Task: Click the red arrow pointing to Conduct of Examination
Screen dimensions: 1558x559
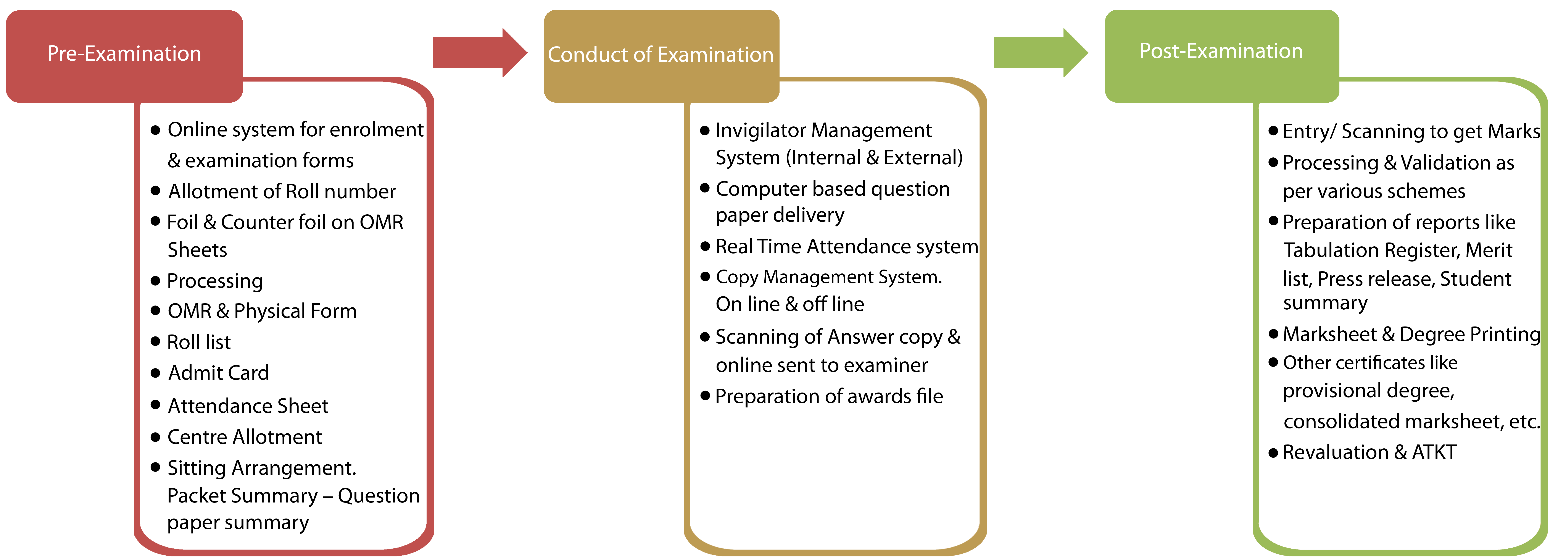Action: click(480, 53)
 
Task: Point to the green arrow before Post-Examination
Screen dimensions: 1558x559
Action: click(1041, 53)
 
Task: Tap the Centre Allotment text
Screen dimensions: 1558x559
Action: click(244, 437)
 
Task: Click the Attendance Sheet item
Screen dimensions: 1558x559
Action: click(248, 406)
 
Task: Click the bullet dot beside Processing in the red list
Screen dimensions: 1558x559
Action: click(155, 281)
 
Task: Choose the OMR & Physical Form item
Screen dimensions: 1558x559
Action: click(262, 311)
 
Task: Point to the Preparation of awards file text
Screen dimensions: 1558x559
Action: click(829, 396)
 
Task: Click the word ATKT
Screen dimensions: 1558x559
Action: click(1434, 452)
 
